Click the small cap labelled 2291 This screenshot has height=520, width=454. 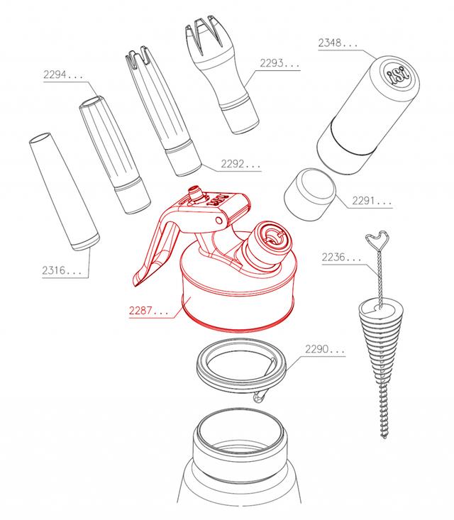tap(310, 194)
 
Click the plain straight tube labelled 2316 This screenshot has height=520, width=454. tap(65, 192)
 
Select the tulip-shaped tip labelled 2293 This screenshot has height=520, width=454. tap(221, 74)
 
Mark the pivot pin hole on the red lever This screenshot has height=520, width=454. tap(218, 220)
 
